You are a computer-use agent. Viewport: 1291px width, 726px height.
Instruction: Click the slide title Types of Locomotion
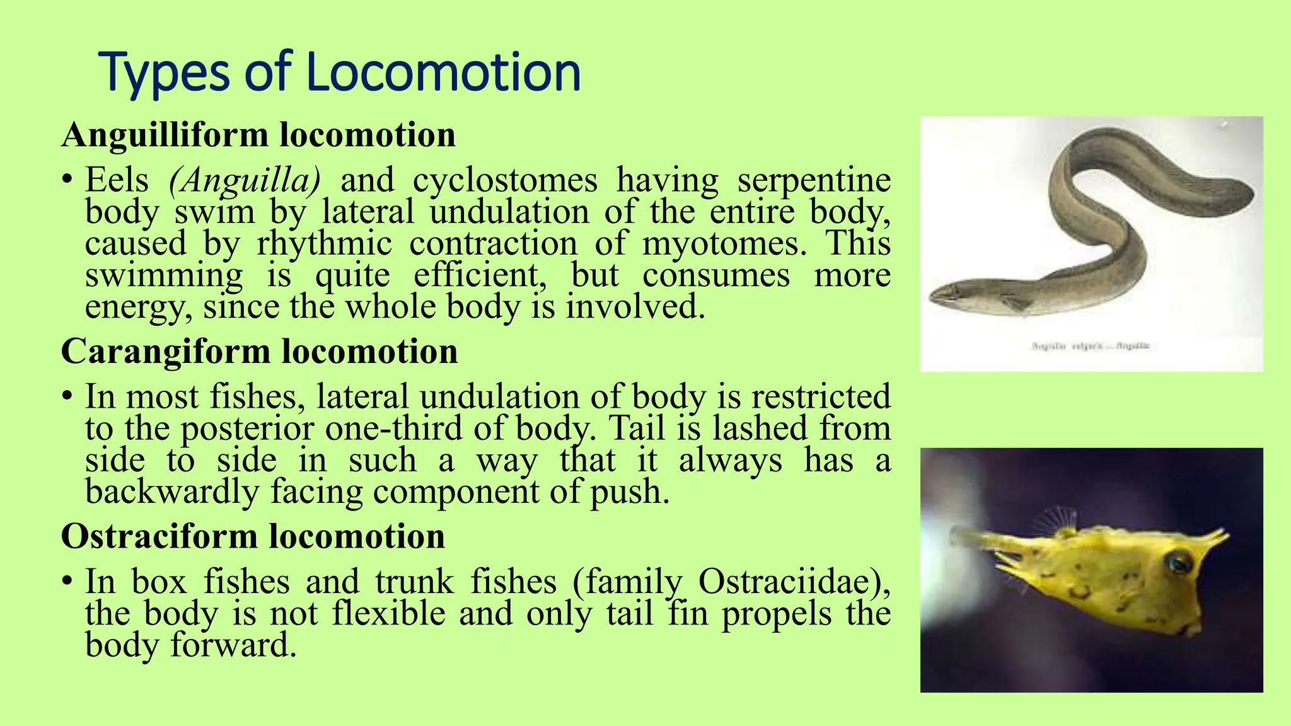(x=339, y=72)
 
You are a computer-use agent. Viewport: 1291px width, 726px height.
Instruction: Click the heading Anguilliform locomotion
(x=258, y=135)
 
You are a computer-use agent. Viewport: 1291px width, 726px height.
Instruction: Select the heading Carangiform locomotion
(x=259, y=351)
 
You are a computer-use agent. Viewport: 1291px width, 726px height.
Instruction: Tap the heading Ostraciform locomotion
(x=253, y=536)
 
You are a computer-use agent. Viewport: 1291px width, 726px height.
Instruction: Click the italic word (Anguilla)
(x=245, y=180)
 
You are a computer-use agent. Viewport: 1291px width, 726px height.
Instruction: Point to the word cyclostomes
(x=505, y=180)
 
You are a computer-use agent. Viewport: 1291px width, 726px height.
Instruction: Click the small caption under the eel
(x=1091, y=346)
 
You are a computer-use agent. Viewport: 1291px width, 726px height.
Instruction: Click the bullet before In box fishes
(x=67, y=582)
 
